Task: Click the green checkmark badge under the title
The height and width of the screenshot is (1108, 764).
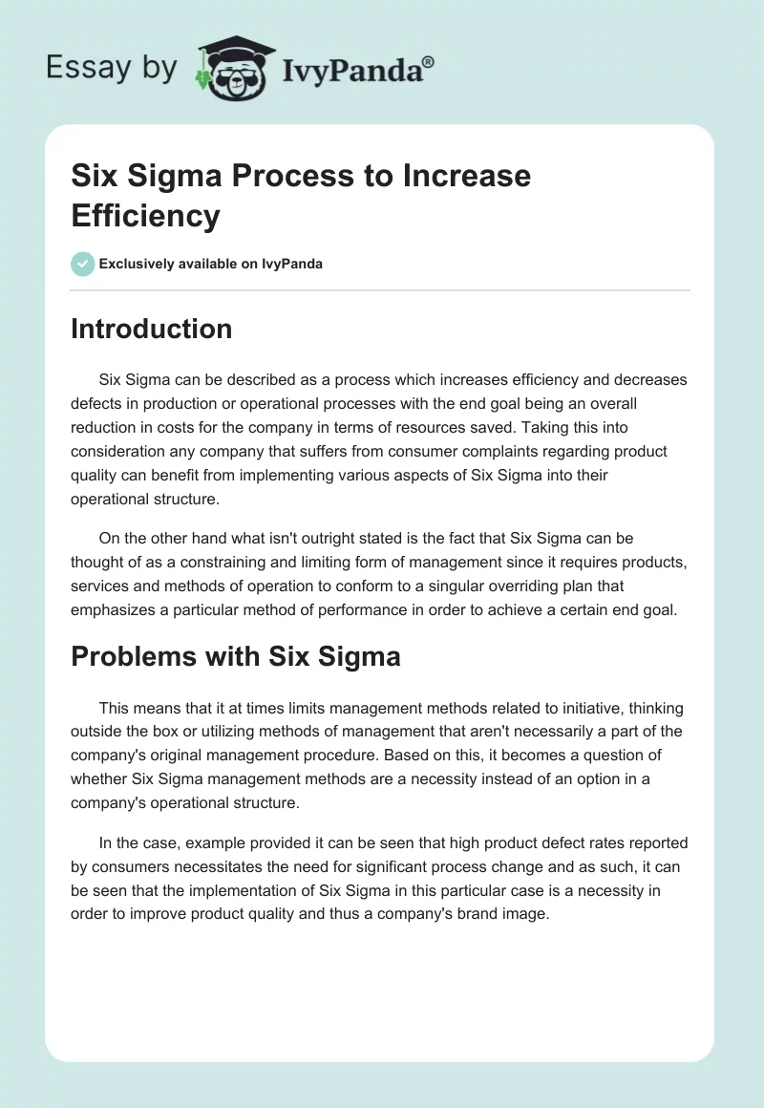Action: pos(83,264)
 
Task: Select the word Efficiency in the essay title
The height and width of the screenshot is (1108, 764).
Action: pos(145,215)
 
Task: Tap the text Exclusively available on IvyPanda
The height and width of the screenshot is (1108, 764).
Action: pos(210,264)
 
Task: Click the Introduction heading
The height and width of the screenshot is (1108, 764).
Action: pos(151,329)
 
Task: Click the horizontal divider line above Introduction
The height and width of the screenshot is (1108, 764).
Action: pos(380,289)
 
